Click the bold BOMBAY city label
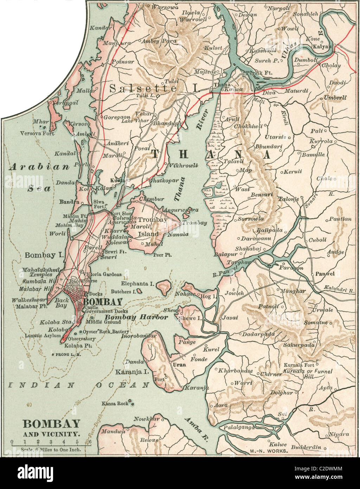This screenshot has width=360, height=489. point(103,301)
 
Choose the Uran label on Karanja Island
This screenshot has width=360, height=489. point(179,365)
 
